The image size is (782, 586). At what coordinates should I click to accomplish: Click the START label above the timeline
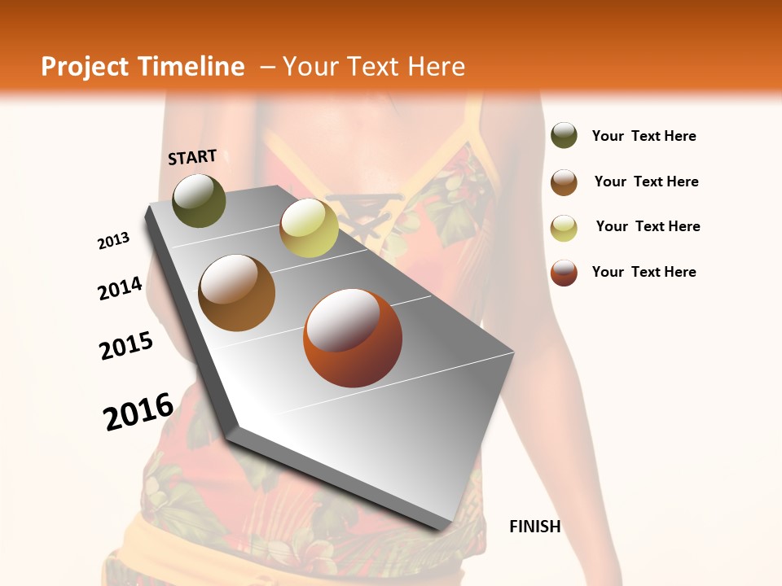point(192,157)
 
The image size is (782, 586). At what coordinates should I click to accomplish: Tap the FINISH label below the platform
point(534,527)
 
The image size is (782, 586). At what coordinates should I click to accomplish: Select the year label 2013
point(113,241)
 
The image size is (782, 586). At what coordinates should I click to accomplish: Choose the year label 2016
point(138,412)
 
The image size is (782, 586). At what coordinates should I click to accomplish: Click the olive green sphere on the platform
point(199,200)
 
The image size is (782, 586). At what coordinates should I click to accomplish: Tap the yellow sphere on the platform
point(309,227)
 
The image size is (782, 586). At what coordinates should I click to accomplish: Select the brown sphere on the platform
point(237,293)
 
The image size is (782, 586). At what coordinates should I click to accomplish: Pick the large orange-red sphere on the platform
point(353,338)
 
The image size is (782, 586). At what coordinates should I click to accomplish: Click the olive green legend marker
point(564,136)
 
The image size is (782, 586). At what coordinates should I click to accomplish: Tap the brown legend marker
point(564,182)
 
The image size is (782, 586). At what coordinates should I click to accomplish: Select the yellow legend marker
point(564,228)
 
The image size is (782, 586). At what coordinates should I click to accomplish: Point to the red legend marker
point(564,273)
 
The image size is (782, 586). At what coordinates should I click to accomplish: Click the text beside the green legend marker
point(644,136)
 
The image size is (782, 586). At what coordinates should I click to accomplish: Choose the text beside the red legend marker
point(644,272)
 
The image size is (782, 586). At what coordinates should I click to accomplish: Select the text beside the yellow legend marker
point(648,226)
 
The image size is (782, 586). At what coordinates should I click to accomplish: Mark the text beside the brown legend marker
point(646,181)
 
